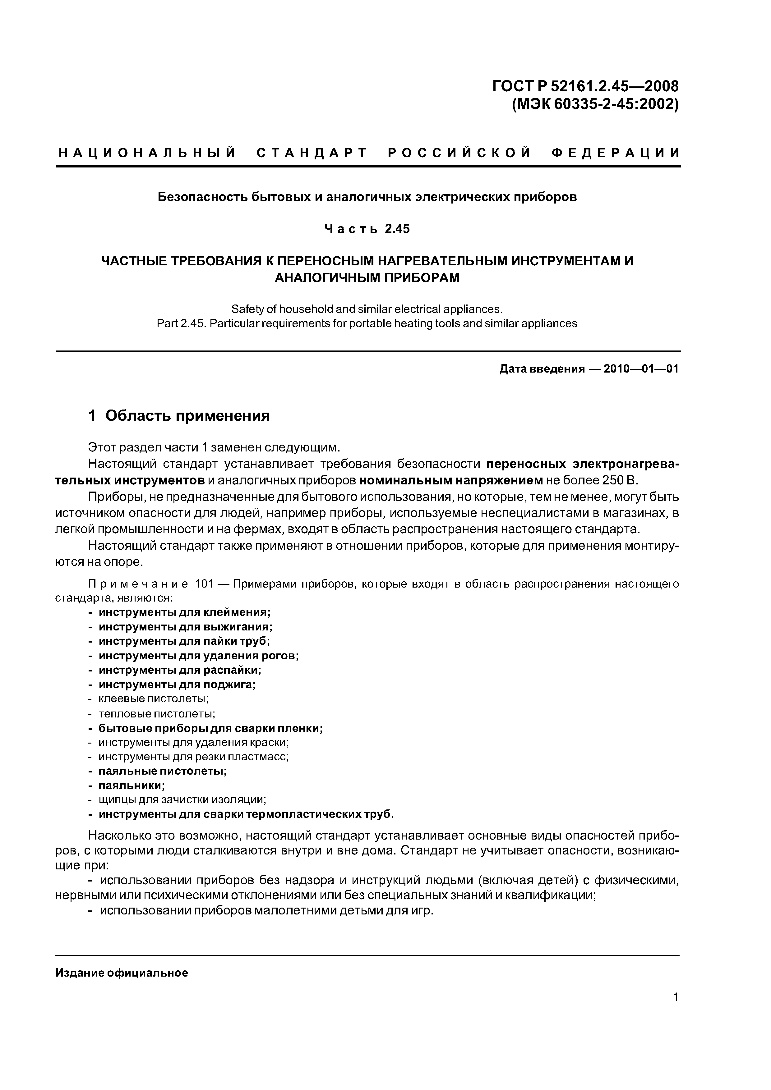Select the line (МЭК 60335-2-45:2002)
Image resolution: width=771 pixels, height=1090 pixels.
point(595,104)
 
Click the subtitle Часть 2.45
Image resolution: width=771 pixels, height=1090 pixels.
point(367,229)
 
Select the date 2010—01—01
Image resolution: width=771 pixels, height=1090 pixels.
point(641,369)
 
